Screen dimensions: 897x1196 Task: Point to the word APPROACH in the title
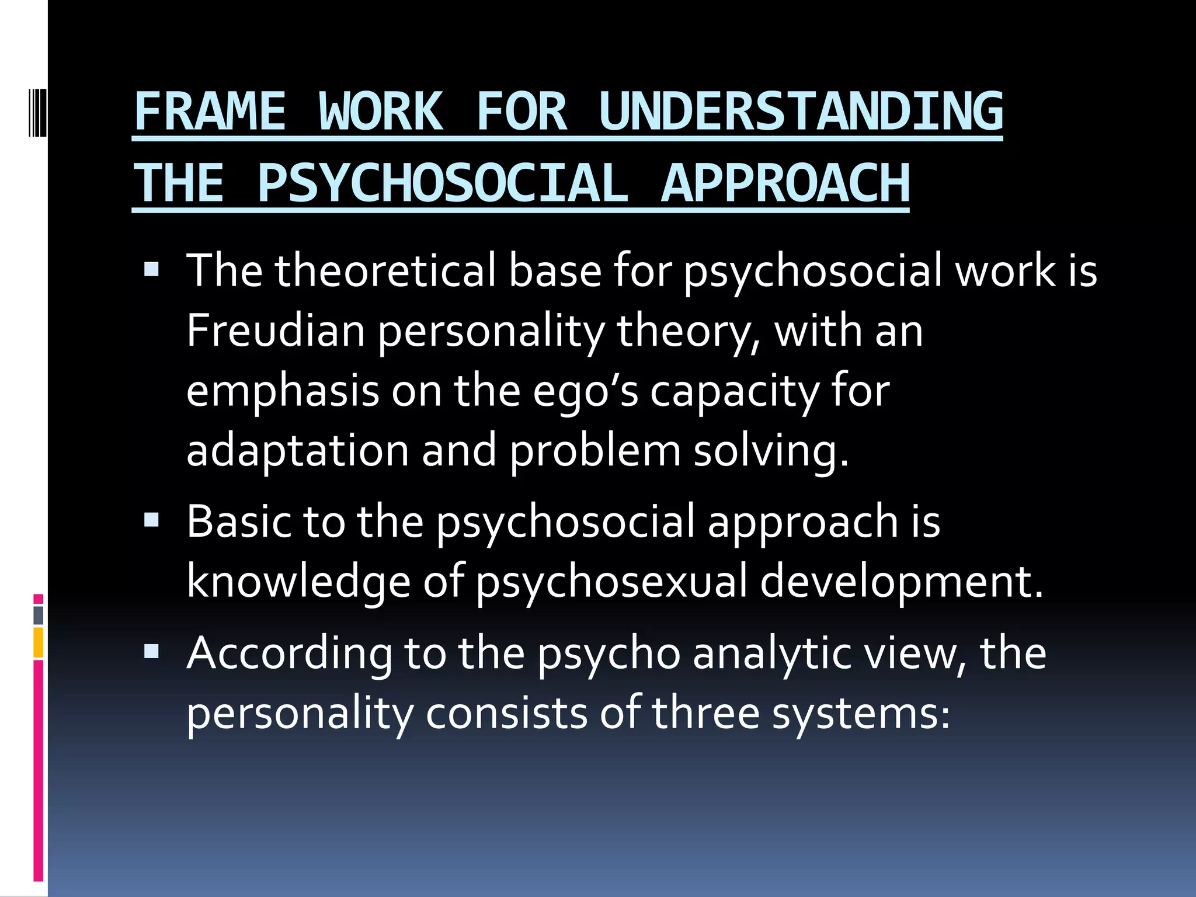pos(785,183)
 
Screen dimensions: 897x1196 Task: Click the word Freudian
pos(276,331)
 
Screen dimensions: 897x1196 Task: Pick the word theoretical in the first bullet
pos(385,271)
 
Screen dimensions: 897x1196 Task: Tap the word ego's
pos(586,391)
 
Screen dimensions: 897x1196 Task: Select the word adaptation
pos(298,451)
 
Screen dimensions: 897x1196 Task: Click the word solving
pos(771,451)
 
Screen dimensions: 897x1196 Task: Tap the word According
pos(290,653)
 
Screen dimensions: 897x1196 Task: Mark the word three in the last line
pos(705,713)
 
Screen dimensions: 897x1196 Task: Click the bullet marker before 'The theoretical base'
pos(151,269)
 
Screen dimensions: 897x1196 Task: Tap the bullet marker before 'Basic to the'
pos(151,519)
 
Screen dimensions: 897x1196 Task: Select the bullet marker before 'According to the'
pos(151,651)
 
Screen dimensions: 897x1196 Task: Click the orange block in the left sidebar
pos(39,642)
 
